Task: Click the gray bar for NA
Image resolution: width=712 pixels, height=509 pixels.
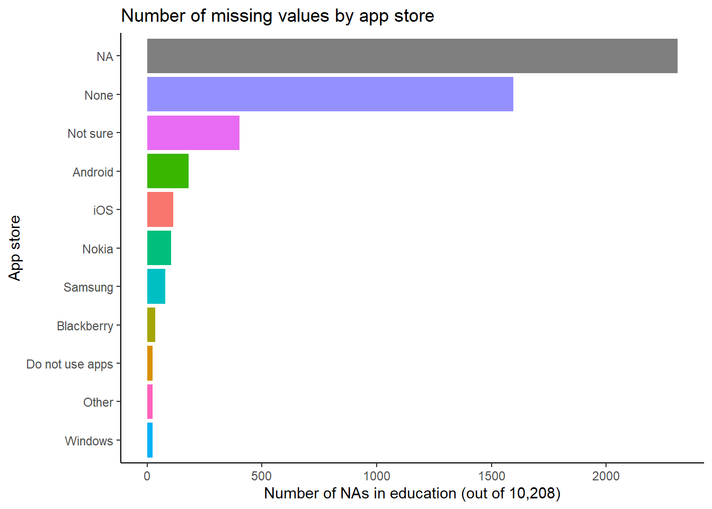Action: (412, 56)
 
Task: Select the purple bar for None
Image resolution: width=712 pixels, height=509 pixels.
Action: (330, 94)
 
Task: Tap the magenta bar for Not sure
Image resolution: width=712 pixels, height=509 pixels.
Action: (193, 133)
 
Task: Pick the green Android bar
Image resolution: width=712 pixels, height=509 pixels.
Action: (168, 171)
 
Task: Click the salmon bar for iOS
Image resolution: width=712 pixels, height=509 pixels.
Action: (160, 209)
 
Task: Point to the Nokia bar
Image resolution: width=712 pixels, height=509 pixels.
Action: (159, 248)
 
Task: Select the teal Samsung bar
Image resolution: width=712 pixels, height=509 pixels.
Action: (156, 286)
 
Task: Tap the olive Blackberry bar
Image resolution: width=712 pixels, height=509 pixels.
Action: (151, 325)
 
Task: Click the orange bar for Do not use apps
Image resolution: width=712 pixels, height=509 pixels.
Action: (150, 363)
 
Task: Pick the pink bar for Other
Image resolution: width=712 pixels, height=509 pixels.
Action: (150, 402)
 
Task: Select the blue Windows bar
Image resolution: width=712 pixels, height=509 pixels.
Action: (150, 440)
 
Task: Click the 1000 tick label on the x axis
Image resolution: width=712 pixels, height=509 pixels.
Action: (377, 476)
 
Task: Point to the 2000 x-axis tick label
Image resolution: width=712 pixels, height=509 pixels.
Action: (606, 476)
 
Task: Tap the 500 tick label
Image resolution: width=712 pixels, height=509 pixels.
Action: (262, 476)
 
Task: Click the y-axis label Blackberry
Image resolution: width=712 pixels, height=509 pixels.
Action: (85, 326)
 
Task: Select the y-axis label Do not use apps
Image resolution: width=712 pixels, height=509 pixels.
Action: (69, 364)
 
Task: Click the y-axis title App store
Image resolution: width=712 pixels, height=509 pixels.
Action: (15, 248)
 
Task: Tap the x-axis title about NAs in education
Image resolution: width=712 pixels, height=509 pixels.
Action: (412, 494)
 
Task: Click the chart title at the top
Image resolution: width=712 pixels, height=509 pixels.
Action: (278, 16)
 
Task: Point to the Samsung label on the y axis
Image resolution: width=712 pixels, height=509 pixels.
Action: (88, 287)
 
